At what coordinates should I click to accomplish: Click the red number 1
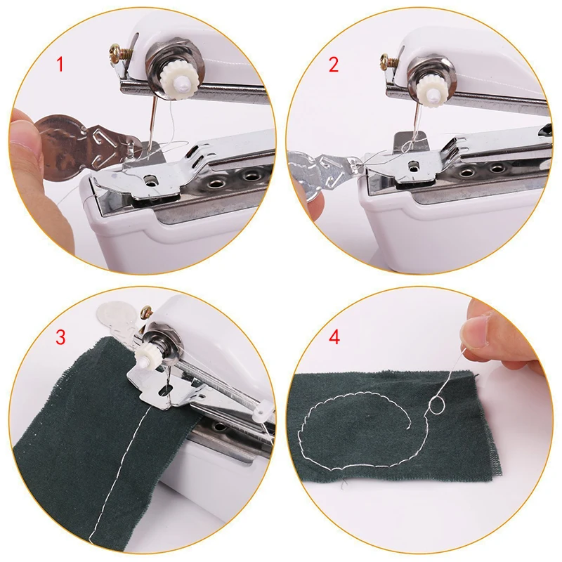tap(60, 65)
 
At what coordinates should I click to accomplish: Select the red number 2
tap(333, 65)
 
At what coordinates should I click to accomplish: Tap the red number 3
tap(60, 337)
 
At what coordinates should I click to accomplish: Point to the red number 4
tap(334, 337)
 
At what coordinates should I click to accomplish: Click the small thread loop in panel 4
tap(437, 406)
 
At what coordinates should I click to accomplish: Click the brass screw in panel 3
tap(146, 311)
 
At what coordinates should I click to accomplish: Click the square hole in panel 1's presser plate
tap(150, 179)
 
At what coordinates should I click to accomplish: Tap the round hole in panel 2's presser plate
tap(414, 166)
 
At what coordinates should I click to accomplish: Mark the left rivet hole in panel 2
tap(466, 172)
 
